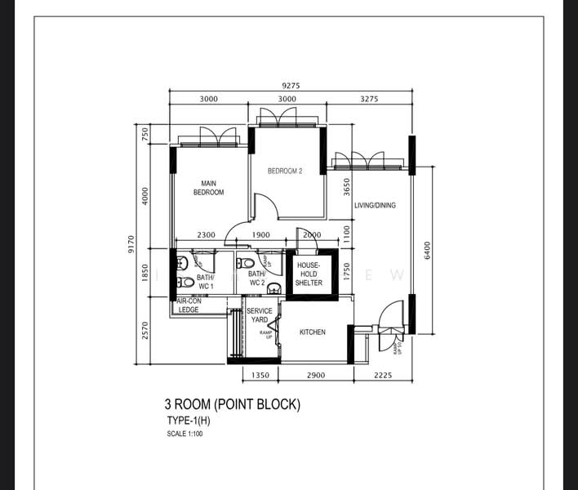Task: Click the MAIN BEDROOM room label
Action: pyautogui.click(x=208, y=188)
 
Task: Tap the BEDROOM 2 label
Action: pyautogui.click(x=286, y=171)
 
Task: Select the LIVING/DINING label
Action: pyautogui.click(x=375, y=206)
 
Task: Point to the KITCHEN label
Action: pyautogui.click(x=312, y=332)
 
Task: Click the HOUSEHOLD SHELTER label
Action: pyautogui.click(x=309, y=274)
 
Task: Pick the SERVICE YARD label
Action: pyautogui.click(x=260, y=315)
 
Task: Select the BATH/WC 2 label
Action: pyautogui.click(x=256, y=278)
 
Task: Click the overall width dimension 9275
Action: pyautogui.click(x=290, y=84)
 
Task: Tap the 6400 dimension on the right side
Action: pyautogui.click(x=426, y=249)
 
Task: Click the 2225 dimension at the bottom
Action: pyautogui.click(x=382, y=376)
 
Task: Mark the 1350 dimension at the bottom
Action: pyautogui.click(x=260, y=376)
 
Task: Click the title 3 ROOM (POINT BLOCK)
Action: pyautogui.click(x=233, y=404)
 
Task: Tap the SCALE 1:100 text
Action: pyautogui.click(x=184, y=434)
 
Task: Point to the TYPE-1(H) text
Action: pyautogui.click(x=188, y=421)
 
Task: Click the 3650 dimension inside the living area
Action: pyautogui.click(x=346, y=188)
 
